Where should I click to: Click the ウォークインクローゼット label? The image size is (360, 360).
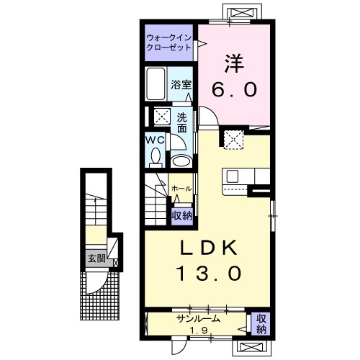(168, 42)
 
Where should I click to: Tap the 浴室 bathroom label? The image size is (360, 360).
(181, 84)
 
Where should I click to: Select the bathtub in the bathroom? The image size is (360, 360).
(156, 84)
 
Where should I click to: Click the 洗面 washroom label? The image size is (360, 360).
(182, 122)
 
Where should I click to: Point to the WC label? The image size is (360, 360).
(156, 140)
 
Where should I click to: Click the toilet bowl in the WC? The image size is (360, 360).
(156, 156)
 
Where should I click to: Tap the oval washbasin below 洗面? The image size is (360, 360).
(181, 161)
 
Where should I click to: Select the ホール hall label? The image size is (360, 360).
(181, 189)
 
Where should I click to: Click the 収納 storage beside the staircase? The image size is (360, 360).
(182, 216)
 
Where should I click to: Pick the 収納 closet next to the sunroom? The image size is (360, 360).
(261, 324)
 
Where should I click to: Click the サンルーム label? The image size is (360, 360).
(198, 319)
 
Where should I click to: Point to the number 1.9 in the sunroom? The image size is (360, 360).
(199, 330)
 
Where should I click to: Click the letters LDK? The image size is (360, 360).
(209, 248)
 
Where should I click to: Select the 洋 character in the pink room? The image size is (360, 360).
(234, 63)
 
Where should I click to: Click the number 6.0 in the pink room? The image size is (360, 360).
(234, 89)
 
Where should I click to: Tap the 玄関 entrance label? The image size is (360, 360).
(96, 258)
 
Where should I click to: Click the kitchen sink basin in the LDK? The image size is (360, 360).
(233, 176)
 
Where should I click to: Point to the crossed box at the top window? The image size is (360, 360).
(242, 12)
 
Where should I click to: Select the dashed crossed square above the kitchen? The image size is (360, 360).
(234, 140)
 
